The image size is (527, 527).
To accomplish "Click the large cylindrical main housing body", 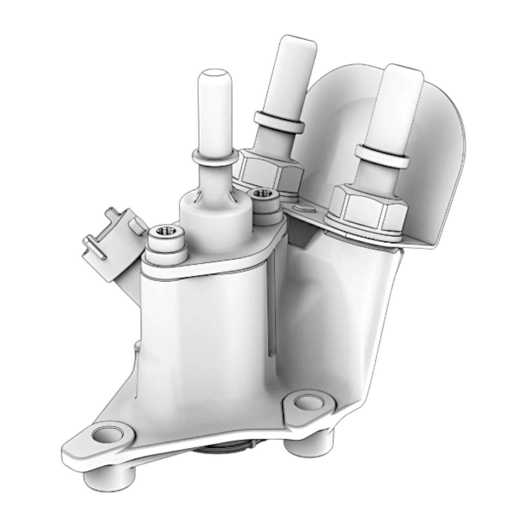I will click(x=204, y=328).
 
